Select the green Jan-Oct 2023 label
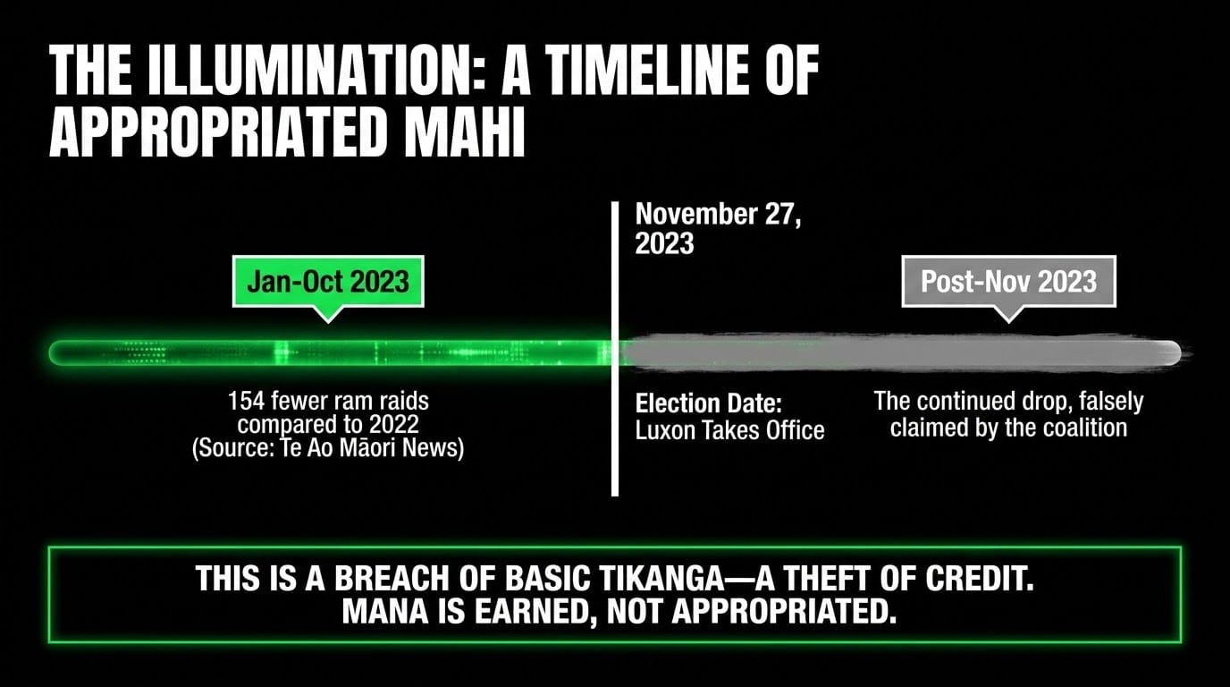point(328,282)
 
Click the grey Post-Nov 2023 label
point(1008,282)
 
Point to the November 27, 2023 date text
point(718,228)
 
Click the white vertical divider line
point(615,349)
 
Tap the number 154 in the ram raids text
point(246,402)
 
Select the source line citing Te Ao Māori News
point(328,448)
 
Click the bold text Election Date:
point(708,403)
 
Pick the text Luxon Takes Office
point(729,429)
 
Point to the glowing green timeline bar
point(331,352)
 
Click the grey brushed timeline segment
point(900,352)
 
